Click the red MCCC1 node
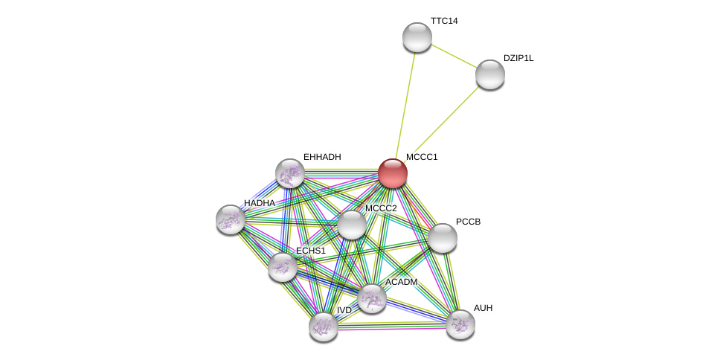(392, 173)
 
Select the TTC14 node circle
(417, 37)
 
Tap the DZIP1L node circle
(489, 74)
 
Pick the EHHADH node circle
(289, 173)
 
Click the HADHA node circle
(230, 219)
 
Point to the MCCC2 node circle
(351, 225)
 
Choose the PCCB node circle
(442, 238)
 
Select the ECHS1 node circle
(282, 267)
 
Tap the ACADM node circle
(371, 298)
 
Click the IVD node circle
(323, 326)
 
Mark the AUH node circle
(460, 324)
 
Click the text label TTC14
(444, 21)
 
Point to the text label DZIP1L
(518, 58)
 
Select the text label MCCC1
(422, 157)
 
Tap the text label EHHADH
(322, 157)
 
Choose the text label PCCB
(468, 222)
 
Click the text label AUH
(483, 308)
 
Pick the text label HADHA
(259, 203)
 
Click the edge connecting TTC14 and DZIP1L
(453, 56)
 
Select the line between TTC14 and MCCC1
(405, 104)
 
